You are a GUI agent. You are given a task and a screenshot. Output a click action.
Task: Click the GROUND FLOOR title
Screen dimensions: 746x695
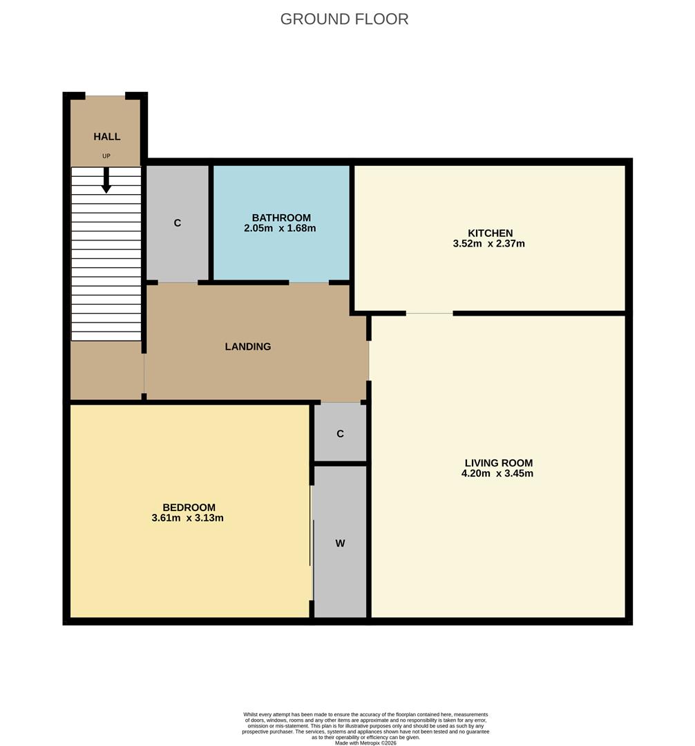[344, 19]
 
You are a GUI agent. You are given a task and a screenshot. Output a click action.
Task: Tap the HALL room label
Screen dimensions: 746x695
[107, 137]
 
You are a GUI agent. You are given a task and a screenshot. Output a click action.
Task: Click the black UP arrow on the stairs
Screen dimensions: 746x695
[106, 181]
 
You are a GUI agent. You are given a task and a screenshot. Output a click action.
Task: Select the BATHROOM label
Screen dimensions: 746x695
[281, 218]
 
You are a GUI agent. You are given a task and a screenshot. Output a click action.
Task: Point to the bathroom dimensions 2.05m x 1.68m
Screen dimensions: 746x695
[280, 228]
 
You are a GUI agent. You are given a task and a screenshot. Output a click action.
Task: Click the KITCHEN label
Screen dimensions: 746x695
[490, 233]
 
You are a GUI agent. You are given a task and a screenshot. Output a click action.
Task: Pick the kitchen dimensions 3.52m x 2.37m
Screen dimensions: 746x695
[488, 244]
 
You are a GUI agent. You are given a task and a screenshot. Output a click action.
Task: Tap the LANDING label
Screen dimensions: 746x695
[248, 347]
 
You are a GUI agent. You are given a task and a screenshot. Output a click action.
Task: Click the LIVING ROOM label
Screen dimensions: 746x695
[498, 463]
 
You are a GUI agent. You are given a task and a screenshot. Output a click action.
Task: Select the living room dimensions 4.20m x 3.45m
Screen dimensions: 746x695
[497, 474]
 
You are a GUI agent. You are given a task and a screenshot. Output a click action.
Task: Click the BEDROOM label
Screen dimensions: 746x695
[189, 507]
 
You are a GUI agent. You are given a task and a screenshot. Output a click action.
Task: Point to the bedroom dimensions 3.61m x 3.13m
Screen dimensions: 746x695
[187, 518]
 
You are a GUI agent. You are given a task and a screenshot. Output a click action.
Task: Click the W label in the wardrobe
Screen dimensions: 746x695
[340, 544]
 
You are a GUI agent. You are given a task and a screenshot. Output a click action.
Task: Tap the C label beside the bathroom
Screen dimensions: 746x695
[178, 223]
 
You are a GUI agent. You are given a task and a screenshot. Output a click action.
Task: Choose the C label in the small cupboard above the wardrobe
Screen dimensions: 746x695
[340, 434]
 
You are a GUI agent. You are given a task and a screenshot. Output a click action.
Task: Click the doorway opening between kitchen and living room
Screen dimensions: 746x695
[429, 314]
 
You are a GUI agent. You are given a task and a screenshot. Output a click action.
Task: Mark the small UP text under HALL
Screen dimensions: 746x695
[106, 156]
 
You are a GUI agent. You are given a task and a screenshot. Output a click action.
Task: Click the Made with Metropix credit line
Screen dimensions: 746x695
[365, 743]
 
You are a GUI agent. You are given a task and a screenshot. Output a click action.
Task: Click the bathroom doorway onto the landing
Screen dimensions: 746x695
[308, 283]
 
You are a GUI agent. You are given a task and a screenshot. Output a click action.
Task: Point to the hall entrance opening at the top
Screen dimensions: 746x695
[105, 96]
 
